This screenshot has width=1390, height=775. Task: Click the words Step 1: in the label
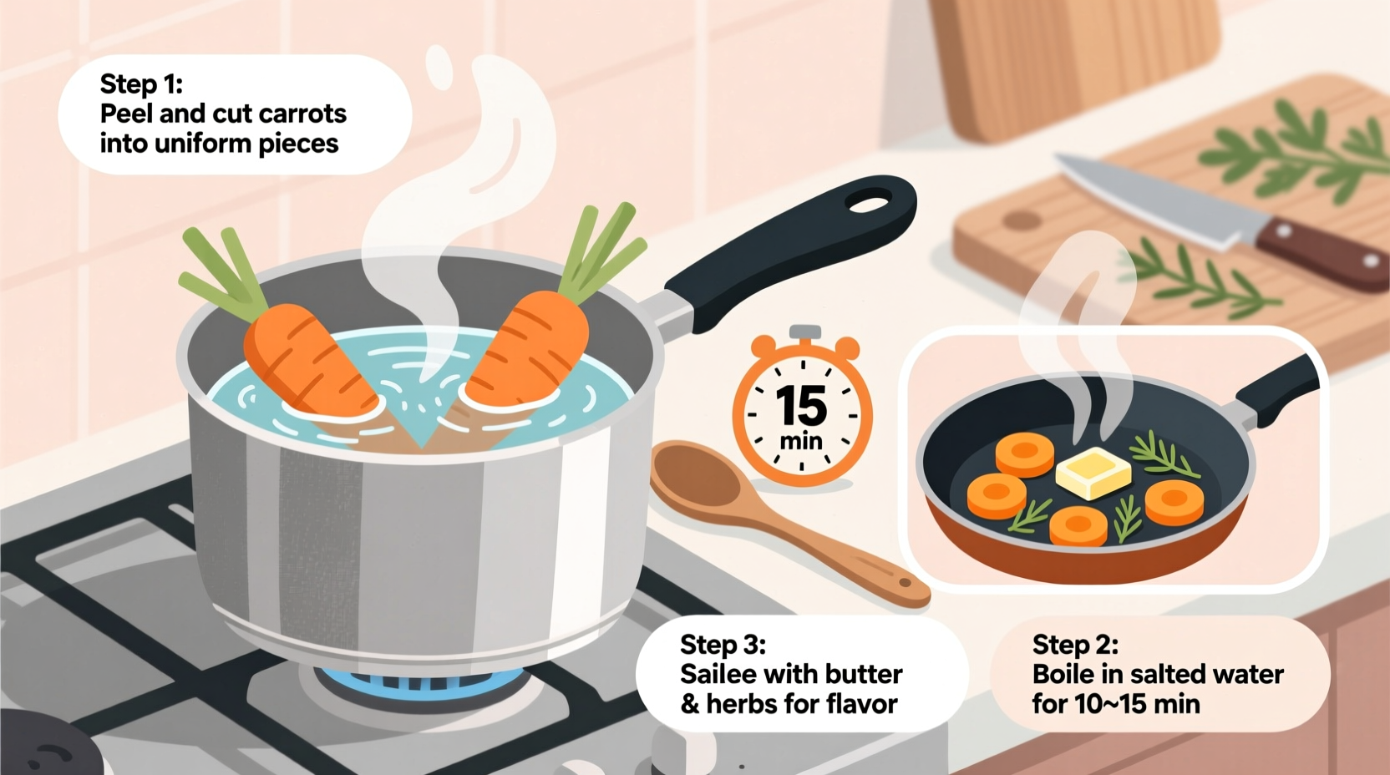pos(140,84)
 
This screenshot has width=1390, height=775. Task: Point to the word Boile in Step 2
pos(1064,674)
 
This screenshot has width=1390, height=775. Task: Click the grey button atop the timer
pos(804,332)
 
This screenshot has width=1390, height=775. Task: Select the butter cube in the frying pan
pos(1093,473)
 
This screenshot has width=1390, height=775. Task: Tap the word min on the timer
pos(801,441)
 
